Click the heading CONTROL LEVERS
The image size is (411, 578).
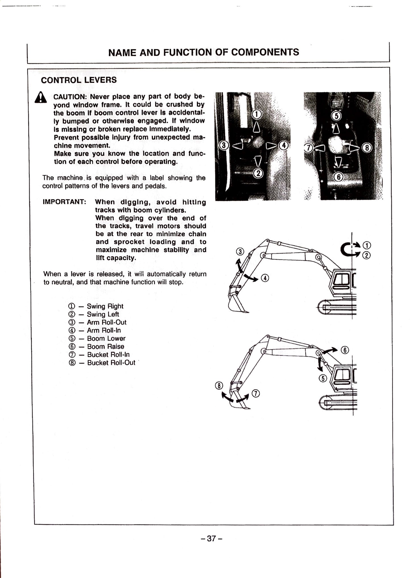(79, 80)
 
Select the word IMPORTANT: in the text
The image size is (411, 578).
(64, 202)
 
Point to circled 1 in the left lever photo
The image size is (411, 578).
(257, 114)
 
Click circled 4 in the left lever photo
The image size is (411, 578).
(283, 145)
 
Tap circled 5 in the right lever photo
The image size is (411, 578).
(336, 116)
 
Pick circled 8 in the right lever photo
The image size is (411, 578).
(367, 148)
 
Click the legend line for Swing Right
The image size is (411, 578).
(96, 306)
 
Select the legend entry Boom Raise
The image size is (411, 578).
(96, 347)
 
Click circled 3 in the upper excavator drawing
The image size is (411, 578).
(240, 251)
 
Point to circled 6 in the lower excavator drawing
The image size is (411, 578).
(345, 350)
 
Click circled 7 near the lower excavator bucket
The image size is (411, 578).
(256, 393)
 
